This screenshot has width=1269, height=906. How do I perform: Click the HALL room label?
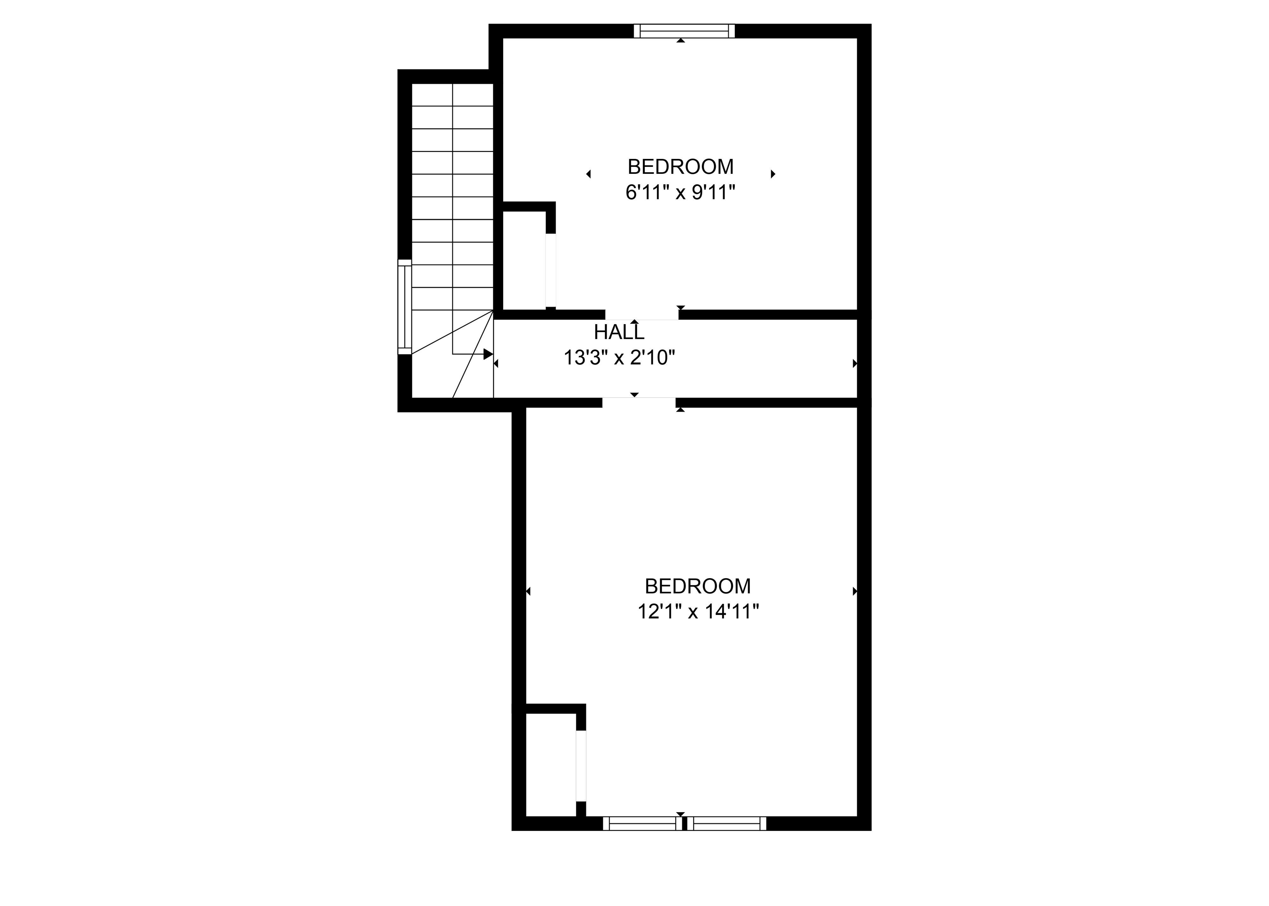(x=619, y=332)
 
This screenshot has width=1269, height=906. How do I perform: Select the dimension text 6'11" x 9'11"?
(x=680, y=192)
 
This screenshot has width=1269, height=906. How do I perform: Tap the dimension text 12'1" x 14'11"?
(x=698, y=612)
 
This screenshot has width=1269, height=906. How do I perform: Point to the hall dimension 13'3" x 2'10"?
(x=620, y=358)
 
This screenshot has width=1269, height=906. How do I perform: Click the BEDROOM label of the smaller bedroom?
(x=680, y=167)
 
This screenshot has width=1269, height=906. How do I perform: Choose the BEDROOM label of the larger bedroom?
(x=698, y=586)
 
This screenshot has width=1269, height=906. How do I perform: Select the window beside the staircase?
(x=404, y=307)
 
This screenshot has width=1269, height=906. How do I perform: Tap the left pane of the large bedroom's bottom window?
(x=642, y=823)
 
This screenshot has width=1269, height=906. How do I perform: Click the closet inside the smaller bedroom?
(x=524, y=260)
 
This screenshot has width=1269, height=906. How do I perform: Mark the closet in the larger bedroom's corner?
(x=551, y=764)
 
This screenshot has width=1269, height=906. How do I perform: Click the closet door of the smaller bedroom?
(x=551, y=270)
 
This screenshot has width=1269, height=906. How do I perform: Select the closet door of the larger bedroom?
(x=581, y=766)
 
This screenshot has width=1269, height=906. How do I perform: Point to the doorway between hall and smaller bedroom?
(x=642, y=315)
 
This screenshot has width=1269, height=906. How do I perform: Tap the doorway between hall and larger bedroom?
(x=639, y=402)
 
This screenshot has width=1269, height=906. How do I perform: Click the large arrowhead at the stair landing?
(x=488, y=354)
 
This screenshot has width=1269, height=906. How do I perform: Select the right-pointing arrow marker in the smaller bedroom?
(x=773, y=174)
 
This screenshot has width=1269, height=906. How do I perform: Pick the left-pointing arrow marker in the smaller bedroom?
(x=589, y=174)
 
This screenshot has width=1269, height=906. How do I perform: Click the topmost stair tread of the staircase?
(x=453, y=95)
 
